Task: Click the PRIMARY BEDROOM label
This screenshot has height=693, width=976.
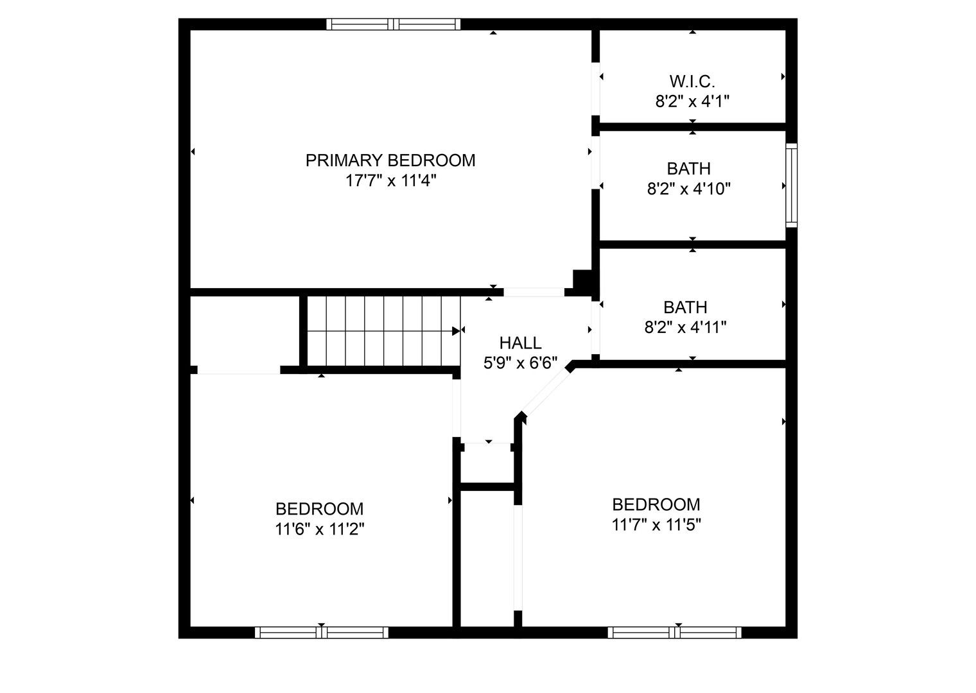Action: [390, 160]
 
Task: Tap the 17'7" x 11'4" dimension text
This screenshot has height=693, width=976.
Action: [390, 181]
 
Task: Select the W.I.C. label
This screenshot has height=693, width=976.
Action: [692, 81]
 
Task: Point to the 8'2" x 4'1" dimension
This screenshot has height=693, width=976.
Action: [692, 101]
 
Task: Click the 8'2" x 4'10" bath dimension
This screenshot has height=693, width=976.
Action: [689, 189]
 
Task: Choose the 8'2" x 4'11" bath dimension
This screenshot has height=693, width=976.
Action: [685, 328]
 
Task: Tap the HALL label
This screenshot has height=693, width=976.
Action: [520, 343]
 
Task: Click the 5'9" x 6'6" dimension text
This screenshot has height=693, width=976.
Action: [520, 364]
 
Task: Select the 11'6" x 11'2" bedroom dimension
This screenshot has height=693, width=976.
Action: [320, 530]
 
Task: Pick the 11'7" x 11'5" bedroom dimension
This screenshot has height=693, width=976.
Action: [656, 526]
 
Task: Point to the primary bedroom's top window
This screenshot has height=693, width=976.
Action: [394, 24]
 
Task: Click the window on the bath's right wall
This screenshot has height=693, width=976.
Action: [792, 185]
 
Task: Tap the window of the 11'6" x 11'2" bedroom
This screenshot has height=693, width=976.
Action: [322, 632]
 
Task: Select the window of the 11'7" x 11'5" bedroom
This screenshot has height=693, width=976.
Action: [675, 632]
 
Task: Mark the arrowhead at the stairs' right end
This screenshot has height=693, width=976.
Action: [457, 331]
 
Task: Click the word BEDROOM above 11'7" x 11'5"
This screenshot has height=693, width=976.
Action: [656, 504]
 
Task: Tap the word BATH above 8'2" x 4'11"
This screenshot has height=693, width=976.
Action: [685, 307]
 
